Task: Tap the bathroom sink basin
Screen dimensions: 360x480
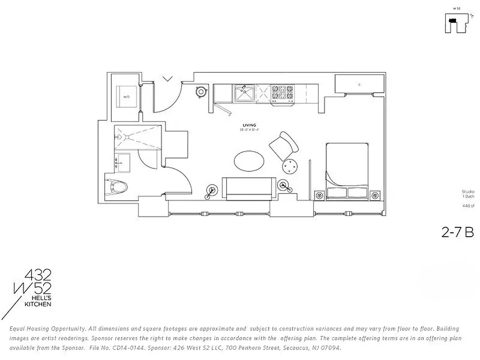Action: (122, 162)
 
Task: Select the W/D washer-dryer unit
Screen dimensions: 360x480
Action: (126, 96)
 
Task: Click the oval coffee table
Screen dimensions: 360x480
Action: (249, 161)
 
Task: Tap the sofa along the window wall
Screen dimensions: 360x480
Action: (249, 189)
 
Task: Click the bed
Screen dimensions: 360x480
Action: (347, 171)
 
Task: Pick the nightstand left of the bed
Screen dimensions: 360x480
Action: (319, 195)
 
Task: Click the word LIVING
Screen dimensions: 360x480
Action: (249, 125)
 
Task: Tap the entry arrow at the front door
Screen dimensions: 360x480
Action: (167, 79)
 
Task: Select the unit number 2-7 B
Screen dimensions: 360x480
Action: (457, 233)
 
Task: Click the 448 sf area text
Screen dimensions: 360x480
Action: (468, 206)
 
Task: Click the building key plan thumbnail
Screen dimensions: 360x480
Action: (456, 22)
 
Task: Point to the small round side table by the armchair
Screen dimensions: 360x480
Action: (290, 167)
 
